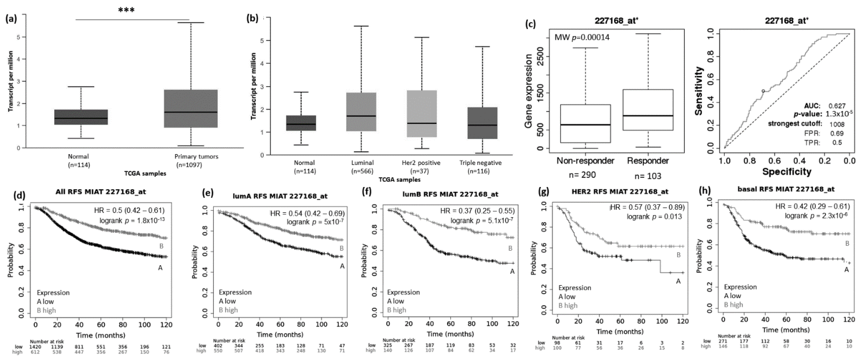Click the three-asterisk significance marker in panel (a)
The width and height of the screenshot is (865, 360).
(126, 10)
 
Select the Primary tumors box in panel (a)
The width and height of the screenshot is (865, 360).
(191, 109)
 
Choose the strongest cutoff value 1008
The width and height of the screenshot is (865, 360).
(837, 124)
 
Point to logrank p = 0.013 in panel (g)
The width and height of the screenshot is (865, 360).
(654, 217)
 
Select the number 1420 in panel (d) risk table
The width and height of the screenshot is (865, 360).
(35, 347)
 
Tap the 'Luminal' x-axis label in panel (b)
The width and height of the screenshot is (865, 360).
(362, 163)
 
